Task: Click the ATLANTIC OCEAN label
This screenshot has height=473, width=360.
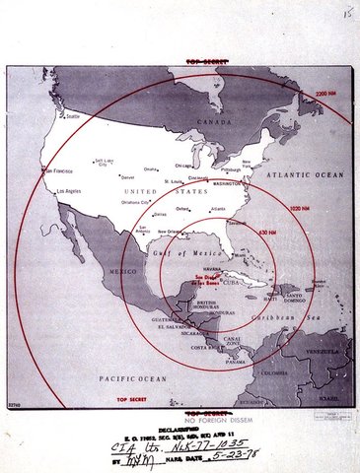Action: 309,174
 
